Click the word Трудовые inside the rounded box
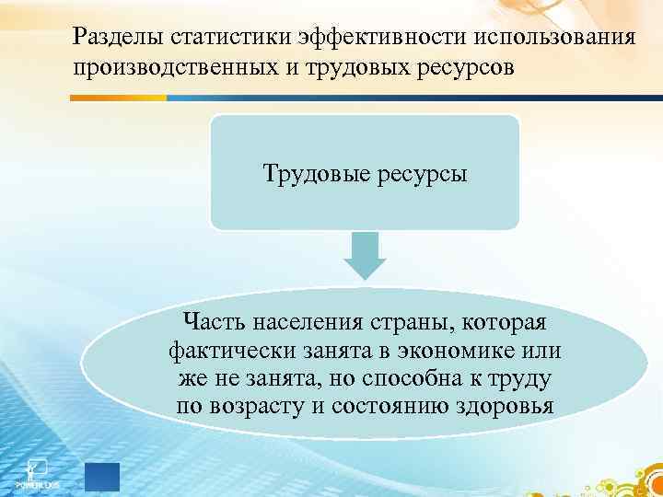click(x=319, y=173)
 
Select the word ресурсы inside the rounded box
click(x=421, y=173)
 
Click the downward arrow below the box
click(x=365, y=255)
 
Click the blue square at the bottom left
click(x=102, y=478)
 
